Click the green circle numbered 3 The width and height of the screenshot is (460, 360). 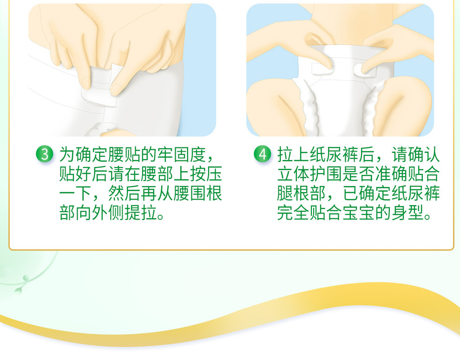click(44, 154)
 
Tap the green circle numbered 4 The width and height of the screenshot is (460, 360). click(262, 154)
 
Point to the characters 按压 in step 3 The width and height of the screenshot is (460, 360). click(206, 174)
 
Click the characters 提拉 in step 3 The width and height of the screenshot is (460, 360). click(141, 213)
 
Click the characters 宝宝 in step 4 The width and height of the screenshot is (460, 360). click(359, 213)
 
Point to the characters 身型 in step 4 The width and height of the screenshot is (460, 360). click(407, 213)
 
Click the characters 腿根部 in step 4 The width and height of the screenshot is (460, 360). click(302, 193)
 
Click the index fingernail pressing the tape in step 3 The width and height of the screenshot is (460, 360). click(116, 90)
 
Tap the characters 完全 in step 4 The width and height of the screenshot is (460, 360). click(293, 213)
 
